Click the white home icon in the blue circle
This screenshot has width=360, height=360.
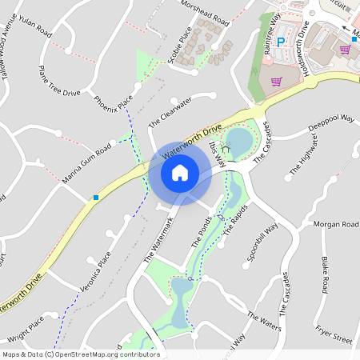[x=180, y=173]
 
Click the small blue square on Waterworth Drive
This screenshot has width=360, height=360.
[x=97, y=197]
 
